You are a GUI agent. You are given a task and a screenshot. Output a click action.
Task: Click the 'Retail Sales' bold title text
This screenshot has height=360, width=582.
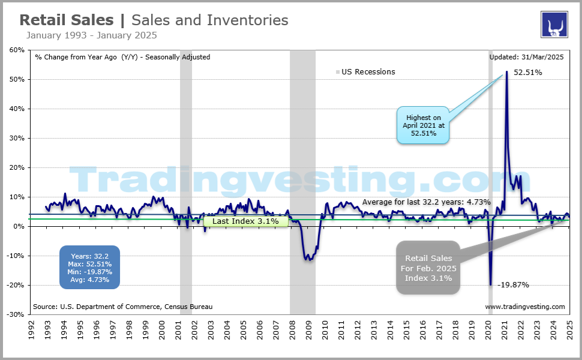(x=66, y=20)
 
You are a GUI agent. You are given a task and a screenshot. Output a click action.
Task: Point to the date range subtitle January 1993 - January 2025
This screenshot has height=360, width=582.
(x=91, y=35)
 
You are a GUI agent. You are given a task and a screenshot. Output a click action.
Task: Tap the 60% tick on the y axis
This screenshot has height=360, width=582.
(x=16, y=50)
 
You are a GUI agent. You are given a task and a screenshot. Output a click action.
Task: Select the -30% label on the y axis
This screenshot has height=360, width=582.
(x=15, y=314)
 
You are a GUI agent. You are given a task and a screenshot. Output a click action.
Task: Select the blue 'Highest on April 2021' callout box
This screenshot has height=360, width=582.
(x=424, y=125)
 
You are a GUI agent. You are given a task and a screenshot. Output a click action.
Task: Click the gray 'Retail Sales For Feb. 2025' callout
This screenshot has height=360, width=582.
(x=427, y=268)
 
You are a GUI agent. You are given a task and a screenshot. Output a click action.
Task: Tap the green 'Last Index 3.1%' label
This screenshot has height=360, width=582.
(x=245, y=221)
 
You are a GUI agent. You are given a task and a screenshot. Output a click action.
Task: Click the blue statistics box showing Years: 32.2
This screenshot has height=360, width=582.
(x=89, y=267)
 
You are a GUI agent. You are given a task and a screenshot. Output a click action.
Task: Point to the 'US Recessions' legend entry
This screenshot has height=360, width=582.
(x=368, y=72)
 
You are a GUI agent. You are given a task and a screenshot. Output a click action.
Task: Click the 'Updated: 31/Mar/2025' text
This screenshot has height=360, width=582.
(x=527, y=58)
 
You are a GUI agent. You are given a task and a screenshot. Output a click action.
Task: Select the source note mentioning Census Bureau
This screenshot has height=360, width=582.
(x=122, y=307)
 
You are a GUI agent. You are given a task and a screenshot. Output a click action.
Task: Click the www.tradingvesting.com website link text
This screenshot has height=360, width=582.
(x=524, y=307)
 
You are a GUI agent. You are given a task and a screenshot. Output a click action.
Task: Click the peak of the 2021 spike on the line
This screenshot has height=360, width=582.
(x=507, y=71)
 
